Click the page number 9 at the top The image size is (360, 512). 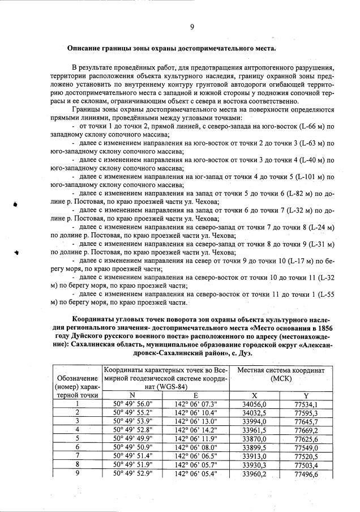pyautogui.click(x=192, y=26)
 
